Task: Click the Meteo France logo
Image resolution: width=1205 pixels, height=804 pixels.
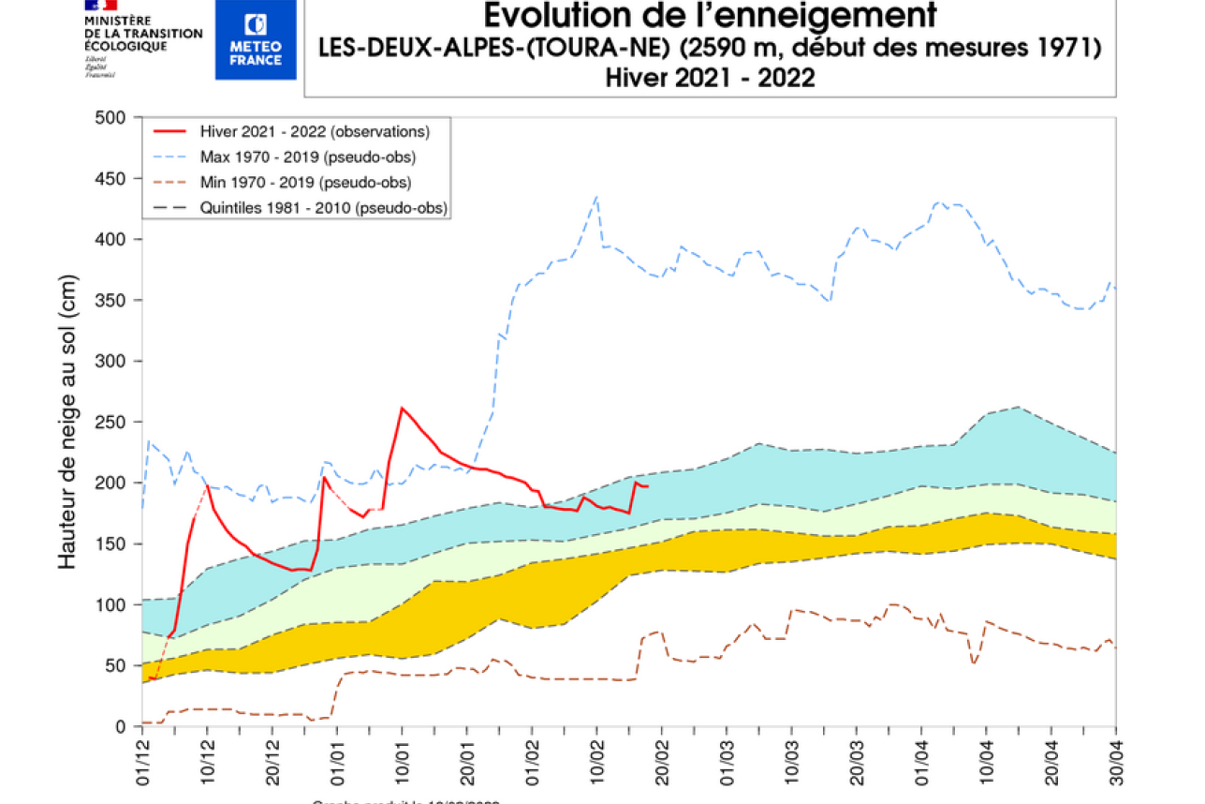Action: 255,39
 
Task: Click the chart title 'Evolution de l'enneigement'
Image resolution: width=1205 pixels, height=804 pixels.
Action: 710,16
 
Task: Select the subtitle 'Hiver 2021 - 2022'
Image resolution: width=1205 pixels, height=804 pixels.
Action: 710,78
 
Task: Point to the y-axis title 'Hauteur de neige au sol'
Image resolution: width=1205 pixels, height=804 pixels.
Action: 67,422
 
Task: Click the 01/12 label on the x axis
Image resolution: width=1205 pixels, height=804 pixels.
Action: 142,761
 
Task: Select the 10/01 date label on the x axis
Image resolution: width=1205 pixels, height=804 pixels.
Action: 402,761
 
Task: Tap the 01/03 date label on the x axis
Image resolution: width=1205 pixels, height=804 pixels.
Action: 727,761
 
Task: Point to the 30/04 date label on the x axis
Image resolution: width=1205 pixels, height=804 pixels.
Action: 1115,761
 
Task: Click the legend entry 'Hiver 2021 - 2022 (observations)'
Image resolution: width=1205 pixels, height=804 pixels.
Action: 315,131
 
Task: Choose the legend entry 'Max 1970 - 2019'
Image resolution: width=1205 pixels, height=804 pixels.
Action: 308,156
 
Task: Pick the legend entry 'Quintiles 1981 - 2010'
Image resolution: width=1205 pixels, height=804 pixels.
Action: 323,208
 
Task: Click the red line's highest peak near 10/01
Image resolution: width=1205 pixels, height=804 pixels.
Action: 402,408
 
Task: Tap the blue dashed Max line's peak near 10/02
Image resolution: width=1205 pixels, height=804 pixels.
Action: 596,197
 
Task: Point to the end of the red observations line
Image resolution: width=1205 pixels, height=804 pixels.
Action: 648,486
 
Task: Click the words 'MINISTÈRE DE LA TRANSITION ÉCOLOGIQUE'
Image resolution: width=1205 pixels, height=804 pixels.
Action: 142,33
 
